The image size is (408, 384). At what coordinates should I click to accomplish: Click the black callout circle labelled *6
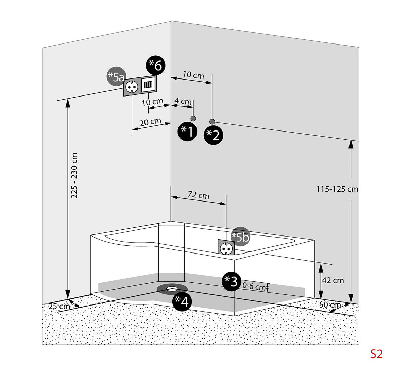(x=155, y=65)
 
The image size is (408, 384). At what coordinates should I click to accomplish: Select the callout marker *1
(x=187, y=130)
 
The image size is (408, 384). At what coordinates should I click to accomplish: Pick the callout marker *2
(x=213, y=135)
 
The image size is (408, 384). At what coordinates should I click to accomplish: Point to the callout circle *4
(x=182, y=301)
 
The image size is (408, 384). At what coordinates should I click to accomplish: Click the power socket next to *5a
(x=132, y=87)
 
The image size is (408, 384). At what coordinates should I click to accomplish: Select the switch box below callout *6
(x=148, y=84)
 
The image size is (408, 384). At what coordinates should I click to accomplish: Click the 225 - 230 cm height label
(x=74, y=175)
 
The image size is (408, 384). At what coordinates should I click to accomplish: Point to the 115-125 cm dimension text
(x=337, y=189)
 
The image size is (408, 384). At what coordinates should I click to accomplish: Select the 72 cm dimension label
(x=199, y=196)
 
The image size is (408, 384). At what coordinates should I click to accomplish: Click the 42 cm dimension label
(x=333, y=280)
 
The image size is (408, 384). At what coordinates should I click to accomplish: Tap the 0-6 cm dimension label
(x=254, y=287)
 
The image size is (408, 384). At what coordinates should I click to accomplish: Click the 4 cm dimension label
(x=183, y=101)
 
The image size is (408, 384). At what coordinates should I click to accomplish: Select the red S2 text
(x=376, y=354)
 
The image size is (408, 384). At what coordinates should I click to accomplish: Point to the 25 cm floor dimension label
(x=59, y=306)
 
